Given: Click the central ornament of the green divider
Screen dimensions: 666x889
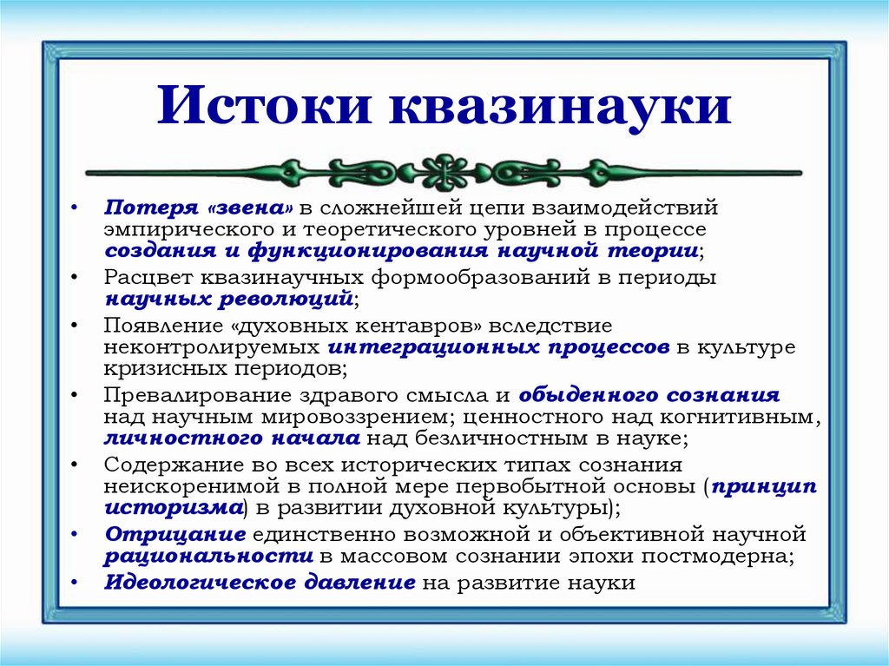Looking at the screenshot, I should click(444, 172).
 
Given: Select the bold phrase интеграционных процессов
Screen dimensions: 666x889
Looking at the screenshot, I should click(498, 346).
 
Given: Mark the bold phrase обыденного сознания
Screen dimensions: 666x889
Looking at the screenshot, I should click(649, 395).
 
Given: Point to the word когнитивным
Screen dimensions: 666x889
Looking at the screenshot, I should click(744, 416).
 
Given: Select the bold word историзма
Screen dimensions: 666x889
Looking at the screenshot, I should click(172, 506).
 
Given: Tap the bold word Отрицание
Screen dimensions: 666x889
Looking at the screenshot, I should click(168, 534).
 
